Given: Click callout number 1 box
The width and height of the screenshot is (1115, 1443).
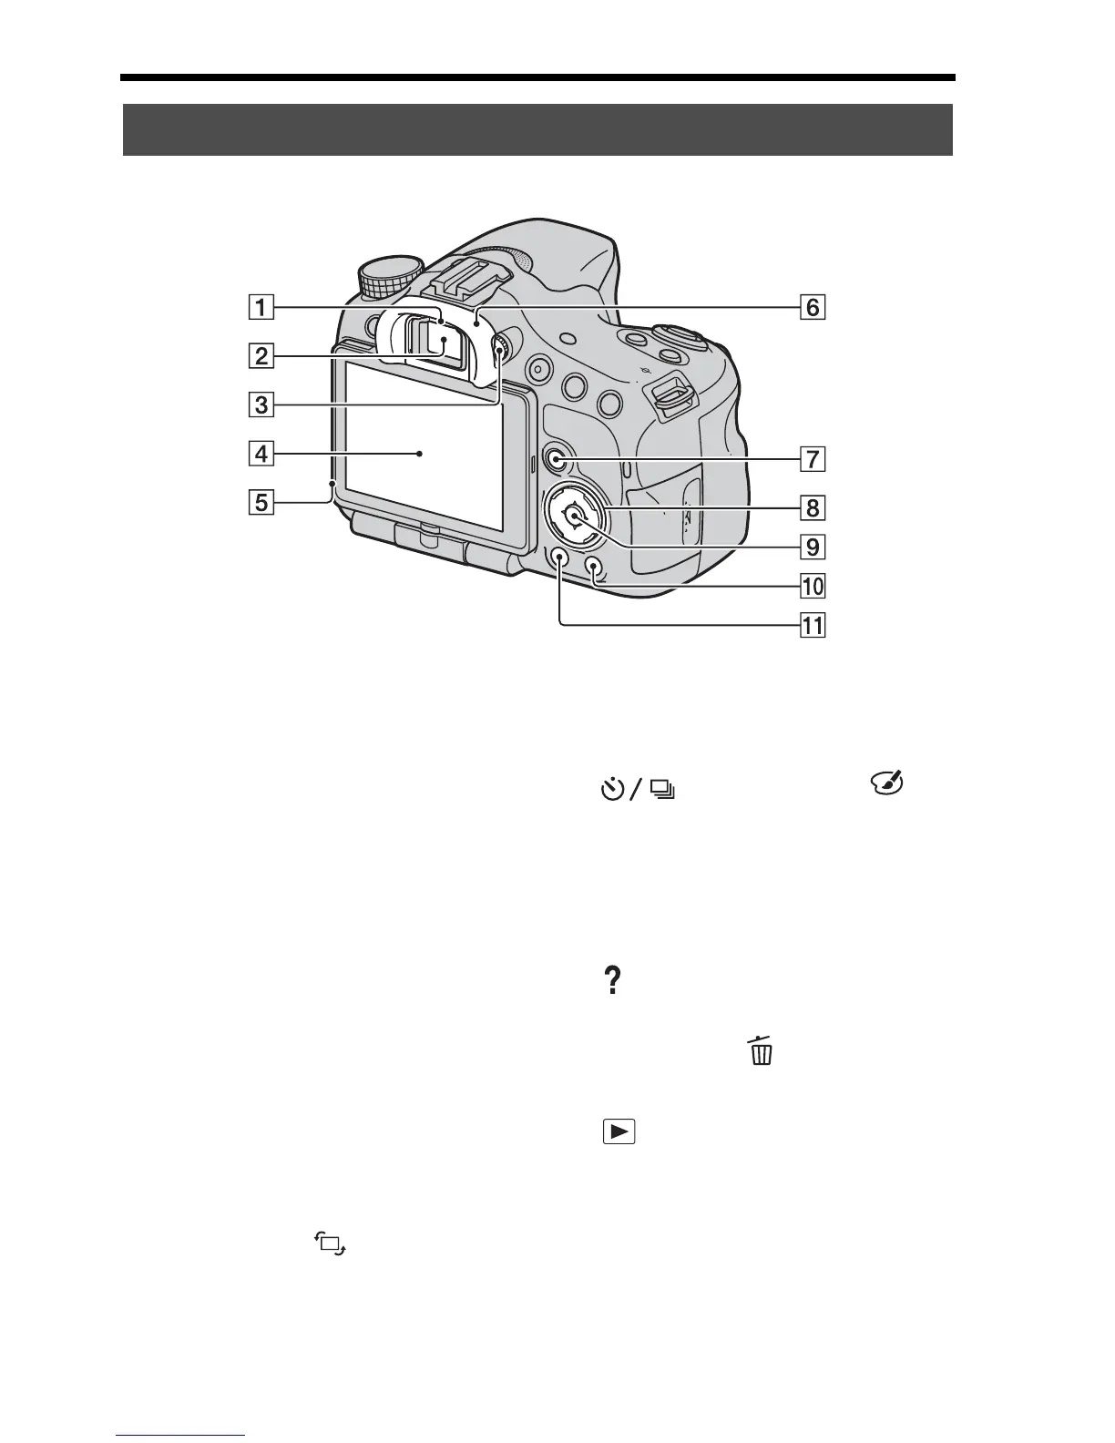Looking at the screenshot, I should [x=261, y=307].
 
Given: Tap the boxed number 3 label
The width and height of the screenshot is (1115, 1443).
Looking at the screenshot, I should [x=261, y=404].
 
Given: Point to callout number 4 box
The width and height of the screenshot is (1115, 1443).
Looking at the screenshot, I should [x=261, y=453].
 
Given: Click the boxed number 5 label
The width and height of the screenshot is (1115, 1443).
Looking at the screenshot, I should [x=261, y=501].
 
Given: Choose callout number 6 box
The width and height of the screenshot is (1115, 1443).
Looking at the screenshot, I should [x=812, y=307].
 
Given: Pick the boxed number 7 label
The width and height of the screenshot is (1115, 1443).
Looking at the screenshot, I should [x=812, y=458].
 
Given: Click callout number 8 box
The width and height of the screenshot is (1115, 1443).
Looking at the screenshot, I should [x=812, y=507].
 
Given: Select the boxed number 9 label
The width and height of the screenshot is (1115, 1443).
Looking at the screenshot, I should [x=812, y=547].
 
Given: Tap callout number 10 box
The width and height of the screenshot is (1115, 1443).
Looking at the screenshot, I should [x=812, y=585].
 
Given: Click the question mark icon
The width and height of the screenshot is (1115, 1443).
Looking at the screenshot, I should [x=612, y=981].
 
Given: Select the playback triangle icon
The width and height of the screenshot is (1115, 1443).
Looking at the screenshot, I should [x=619, y=1131].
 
